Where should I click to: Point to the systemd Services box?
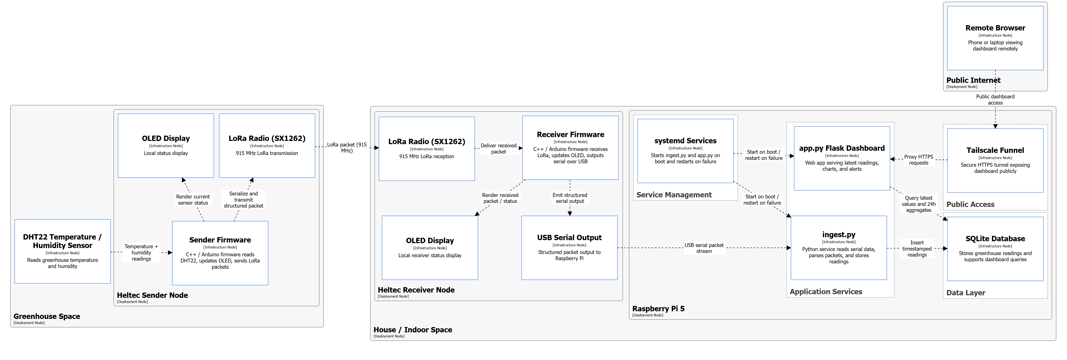tap(685, 151)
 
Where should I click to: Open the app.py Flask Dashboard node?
tap(842, 158)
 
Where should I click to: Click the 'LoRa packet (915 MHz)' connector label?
tap(347, 148)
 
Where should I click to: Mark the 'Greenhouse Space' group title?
tap(47, 316)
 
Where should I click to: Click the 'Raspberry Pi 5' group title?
tap(658, 309)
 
